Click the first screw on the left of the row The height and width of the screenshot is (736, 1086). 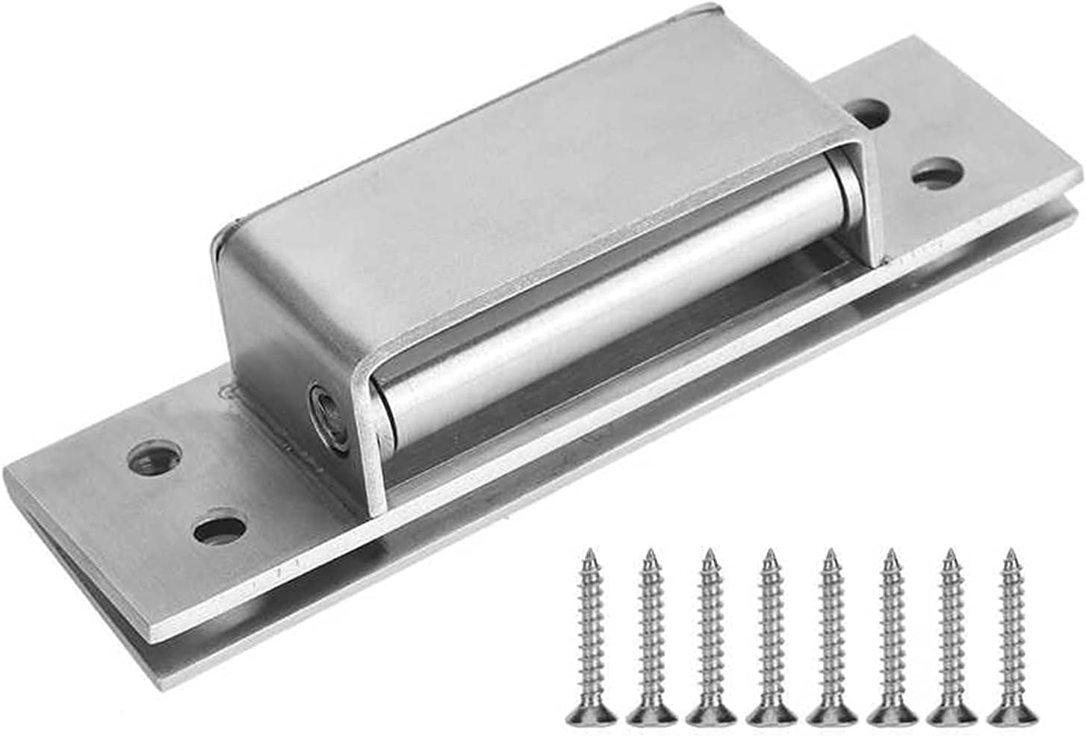pos(592,635)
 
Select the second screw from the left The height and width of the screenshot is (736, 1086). pos(651,635)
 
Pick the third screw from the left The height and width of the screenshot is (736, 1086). pos(710,635)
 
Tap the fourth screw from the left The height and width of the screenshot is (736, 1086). pos(769,635)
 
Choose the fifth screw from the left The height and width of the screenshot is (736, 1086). pos(829,635)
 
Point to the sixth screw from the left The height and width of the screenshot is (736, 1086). pos(890,635)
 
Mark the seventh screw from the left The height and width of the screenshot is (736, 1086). pos(950,635)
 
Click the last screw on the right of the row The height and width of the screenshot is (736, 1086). pos(1010,635)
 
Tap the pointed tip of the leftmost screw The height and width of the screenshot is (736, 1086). pos(590,554)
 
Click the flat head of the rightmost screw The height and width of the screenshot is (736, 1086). pos(1010,715)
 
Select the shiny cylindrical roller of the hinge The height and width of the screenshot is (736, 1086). pos(612,306)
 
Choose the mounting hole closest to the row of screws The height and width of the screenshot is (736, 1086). pos(220,528)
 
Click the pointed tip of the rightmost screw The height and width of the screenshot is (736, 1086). pos(1011,554)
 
